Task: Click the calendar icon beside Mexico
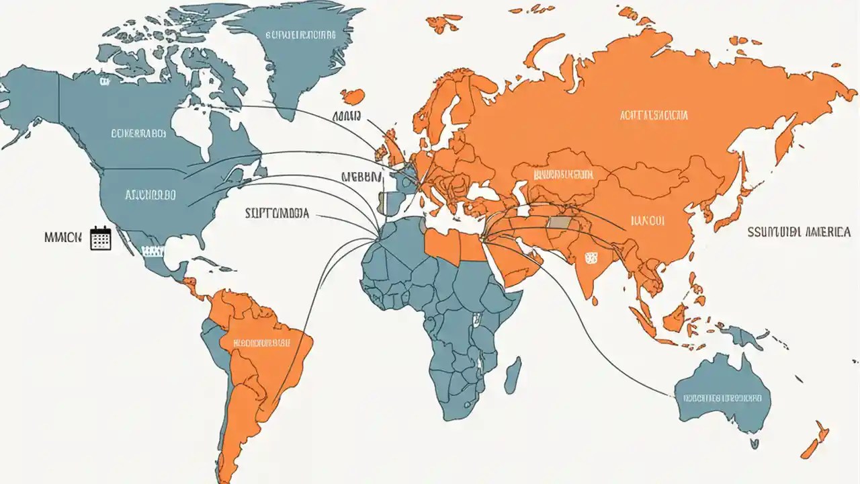[x=100, y=238]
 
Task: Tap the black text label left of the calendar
[x=62, y=237]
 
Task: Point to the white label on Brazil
[x=262, y=343]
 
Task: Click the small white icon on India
[x=591, y=257]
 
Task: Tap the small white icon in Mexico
[x=153, y=251]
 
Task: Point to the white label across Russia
[x=654, y=116]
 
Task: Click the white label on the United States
[x=150, y=195]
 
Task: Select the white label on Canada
[x=138, y=133]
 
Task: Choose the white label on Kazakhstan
[x=563, y=175]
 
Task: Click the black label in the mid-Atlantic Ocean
[x=277, y=213]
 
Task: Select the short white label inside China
[x=648, y=220]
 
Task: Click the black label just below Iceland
[x=347, y=116]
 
